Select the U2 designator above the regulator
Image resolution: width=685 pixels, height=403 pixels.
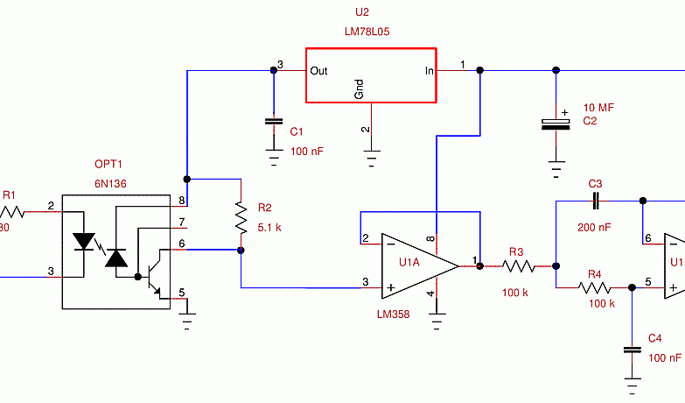pos(362,12)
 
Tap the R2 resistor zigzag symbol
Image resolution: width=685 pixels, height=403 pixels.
pos(241,217)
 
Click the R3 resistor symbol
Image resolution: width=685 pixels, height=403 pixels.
pos(518,265)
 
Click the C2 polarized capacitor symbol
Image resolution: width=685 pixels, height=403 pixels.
pos(555,124)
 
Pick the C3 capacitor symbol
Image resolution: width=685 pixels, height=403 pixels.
pos(595,201)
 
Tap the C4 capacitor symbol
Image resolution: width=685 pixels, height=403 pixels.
pos(632,350)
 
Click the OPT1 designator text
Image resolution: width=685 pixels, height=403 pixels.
pos(109,165)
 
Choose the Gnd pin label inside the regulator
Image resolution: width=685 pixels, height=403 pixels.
pos(360,88)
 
